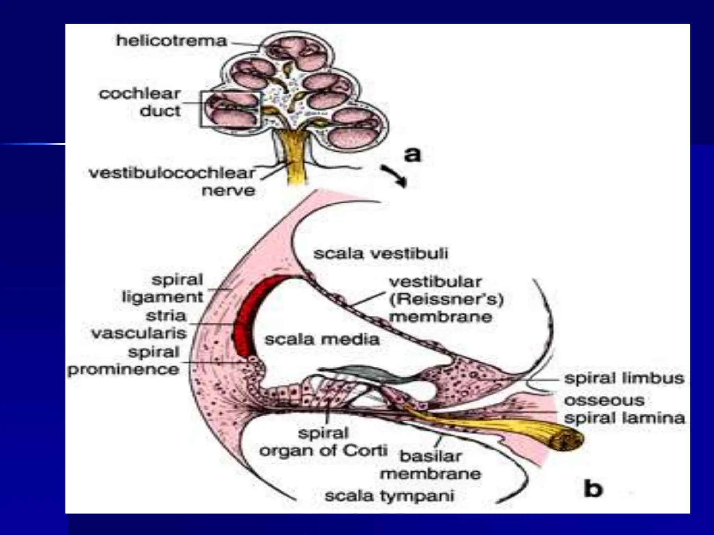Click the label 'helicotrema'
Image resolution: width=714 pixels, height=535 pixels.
pyautogui.click(x=172, y=41)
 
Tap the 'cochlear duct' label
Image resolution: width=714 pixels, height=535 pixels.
pyautogui.click(x=140, y=102)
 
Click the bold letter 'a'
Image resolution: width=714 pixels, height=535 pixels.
pyautogui.click(x=412, y=154)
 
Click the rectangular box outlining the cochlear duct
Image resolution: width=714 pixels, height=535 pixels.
pyautogui.click(x=230, y=109)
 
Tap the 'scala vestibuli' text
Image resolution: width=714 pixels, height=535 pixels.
pyautogui.click(x=381, y=254)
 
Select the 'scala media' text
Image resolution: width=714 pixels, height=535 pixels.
pyautogui.click(x=322, y=339)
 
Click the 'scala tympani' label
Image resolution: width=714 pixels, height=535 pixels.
pyautogui.click(x=389, y=496)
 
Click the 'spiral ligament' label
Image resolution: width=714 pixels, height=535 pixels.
pyautogui.click(x=162, y=288)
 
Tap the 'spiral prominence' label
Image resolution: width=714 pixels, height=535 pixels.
pyautogui.click(x=123, y=361)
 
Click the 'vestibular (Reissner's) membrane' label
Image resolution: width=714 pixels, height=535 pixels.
pyautogui.click(x=446, y=300)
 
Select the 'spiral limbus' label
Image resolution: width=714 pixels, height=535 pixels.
pyautogui.click(x=624, y=378)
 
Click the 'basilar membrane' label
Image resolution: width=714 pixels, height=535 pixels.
pyautogui.click(x=431, y=465)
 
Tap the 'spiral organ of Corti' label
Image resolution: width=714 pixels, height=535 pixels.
pyautogui.click(x=324, y=442)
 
